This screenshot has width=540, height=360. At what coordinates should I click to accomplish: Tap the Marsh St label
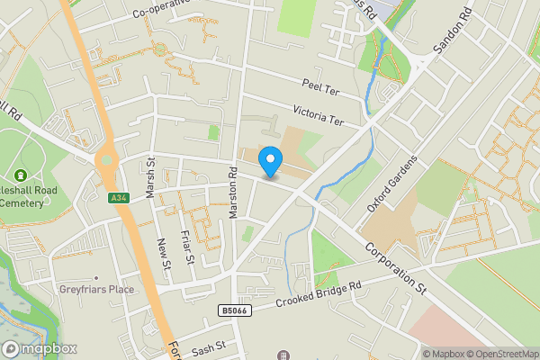tap(150, 175)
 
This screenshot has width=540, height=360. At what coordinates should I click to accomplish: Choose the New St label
tap(164, 253)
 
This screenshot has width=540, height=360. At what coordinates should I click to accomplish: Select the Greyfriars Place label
tap(96, 289)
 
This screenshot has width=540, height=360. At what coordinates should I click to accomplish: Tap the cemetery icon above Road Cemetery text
tap(20, 175)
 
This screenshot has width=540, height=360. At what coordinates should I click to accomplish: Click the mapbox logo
tap(39, 348)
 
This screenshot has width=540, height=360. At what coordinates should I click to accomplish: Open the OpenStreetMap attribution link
tap(503, 354)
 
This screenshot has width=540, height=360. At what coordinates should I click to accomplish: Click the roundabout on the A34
tap(108, 163)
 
